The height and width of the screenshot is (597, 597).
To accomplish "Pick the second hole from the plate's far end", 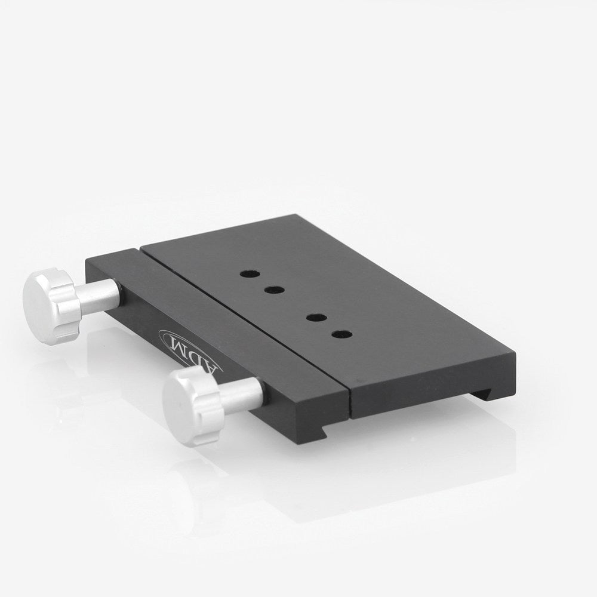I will point(274,290).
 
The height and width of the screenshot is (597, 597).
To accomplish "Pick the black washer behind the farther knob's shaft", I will point(122,291).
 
